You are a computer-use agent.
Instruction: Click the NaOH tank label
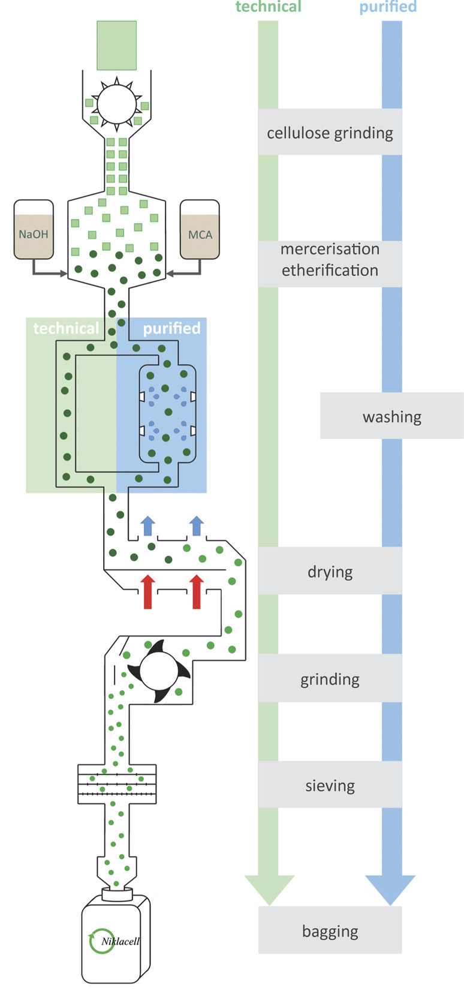pyautogui.click(x=34, y=235)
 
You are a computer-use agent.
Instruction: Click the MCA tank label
pyautogui.click(x=200, y=235)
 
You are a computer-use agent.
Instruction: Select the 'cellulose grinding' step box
pyautogui.click(x=330, y=133)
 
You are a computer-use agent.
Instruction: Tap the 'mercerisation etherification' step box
pyautogui.click(x=330, y=260)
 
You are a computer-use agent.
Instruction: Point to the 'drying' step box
pyautogui.click(x=330, y=571)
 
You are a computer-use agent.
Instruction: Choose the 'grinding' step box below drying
pyautogui.click(x=330, y=678)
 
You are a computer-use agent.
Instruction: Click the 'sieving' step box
pyautogui.click(x=330, y=785)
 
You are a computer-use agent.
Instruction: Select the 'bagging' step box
pyautogui.click(x=330, y=931)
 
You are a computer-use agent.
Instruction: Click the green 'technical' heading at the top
pyautogui.click(x=269, y=7)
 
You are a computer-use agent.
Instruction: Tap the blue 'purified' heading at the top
pyautogui.click(x=388, y=7)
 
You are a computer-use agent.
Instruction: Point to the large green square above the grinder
pyautogui.click(x=117, y=46)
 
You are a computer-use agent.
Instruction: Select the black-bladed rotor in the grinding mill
pyautogui.click(x=158, y=671)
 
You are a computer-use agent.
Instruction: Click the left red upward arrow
pyautogui.click(x=147, y=591)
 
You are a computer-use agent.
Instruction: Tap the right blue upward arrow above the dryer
pyautogui.click(x=197, y=525)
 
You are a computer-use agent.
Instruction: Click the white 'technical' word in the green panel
pyautogui.click(x=66, y=328)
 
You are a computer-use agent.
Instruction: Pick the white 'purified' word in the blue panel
pyautogui.click(x=171, y=328)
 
